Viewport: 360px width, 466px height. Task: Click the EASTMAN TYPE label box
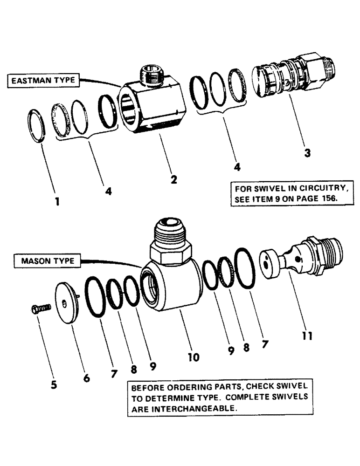click(42, 81)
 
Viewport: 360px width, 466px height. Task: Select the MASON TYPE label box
click(47, 261)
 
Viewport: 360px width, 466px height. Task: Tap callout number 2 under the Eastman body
click(173, 179)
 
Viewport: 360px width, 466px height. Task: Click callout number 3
click(307, 152)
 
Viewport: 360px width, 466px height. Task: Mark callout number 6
click(87, 379)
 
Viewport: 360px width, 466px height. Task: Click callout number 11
click(307, 335)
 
